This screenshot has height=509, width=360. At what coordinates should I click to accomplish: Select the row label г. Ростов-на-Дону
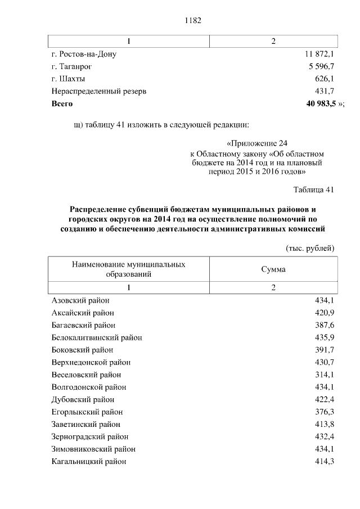click(84, 55)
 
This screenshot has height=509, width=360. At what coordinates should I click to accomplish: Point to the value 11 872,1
click(319, 55)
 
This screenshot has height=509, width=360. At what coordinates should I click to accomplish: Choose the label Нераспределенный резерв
click(98, 92)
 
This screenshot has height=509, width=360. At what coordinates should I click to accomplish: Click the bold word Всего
click(62, 104)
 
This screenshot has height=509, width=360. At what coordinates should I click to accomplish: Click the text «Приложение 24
click(257, 143)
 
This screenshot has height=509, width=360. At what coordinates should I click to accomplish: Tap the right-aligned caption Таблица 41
click(314, 189)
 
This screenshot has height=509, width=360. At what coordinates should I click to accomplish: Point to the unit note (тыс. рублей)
click(310, 248)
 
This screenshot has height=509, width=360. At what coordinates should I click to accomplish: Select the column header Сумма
click(273, 269)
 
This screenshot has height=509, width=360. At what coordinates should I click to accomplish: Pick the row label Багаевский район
click(83, 325)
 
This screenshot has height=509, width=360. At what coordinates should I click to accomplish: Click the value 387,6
click(325, 325)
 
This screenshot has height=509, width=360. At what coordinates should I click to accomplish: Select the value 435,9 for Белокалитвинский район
click(325, 337)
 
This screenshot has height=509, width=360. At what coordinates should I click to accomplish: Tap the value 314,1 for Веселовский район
click(325, 375)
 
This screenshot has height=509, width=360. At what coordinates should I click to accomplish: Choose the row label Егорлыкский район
click(84, 412)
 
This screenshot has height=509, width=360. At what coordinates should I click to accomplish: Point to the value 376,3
click(325, 412)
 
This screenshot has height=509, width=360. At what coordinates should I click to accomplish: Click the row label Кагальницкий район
click(88, 461)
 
